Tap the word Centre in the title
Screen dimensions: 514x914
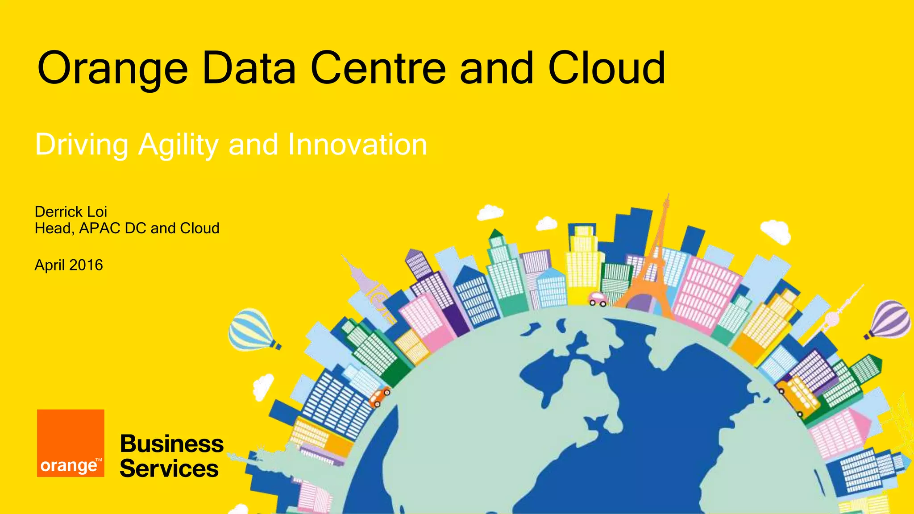click(378, 68)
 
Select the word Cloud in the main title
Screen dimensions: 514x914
click(607, 68)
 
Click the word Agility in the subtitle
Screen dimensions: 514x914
click(179, 145)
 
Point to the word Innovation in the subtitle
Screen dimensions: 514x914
click(357, 145)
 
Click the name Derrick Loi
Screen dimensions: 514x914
click(71, 211)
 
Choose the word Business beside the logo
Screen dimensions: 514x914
click(172, 444)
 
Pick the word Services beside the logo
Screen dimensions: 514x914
click(169, 468)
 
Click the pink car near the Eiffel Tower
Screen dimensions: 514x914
click(597, 298)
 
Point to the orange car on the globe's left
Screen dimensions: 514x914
click(379, 397)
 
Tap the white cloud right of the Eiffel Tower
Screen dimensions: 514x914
click(776, 231)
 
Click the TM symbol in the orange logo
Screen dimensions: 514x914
click(99, 460)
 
